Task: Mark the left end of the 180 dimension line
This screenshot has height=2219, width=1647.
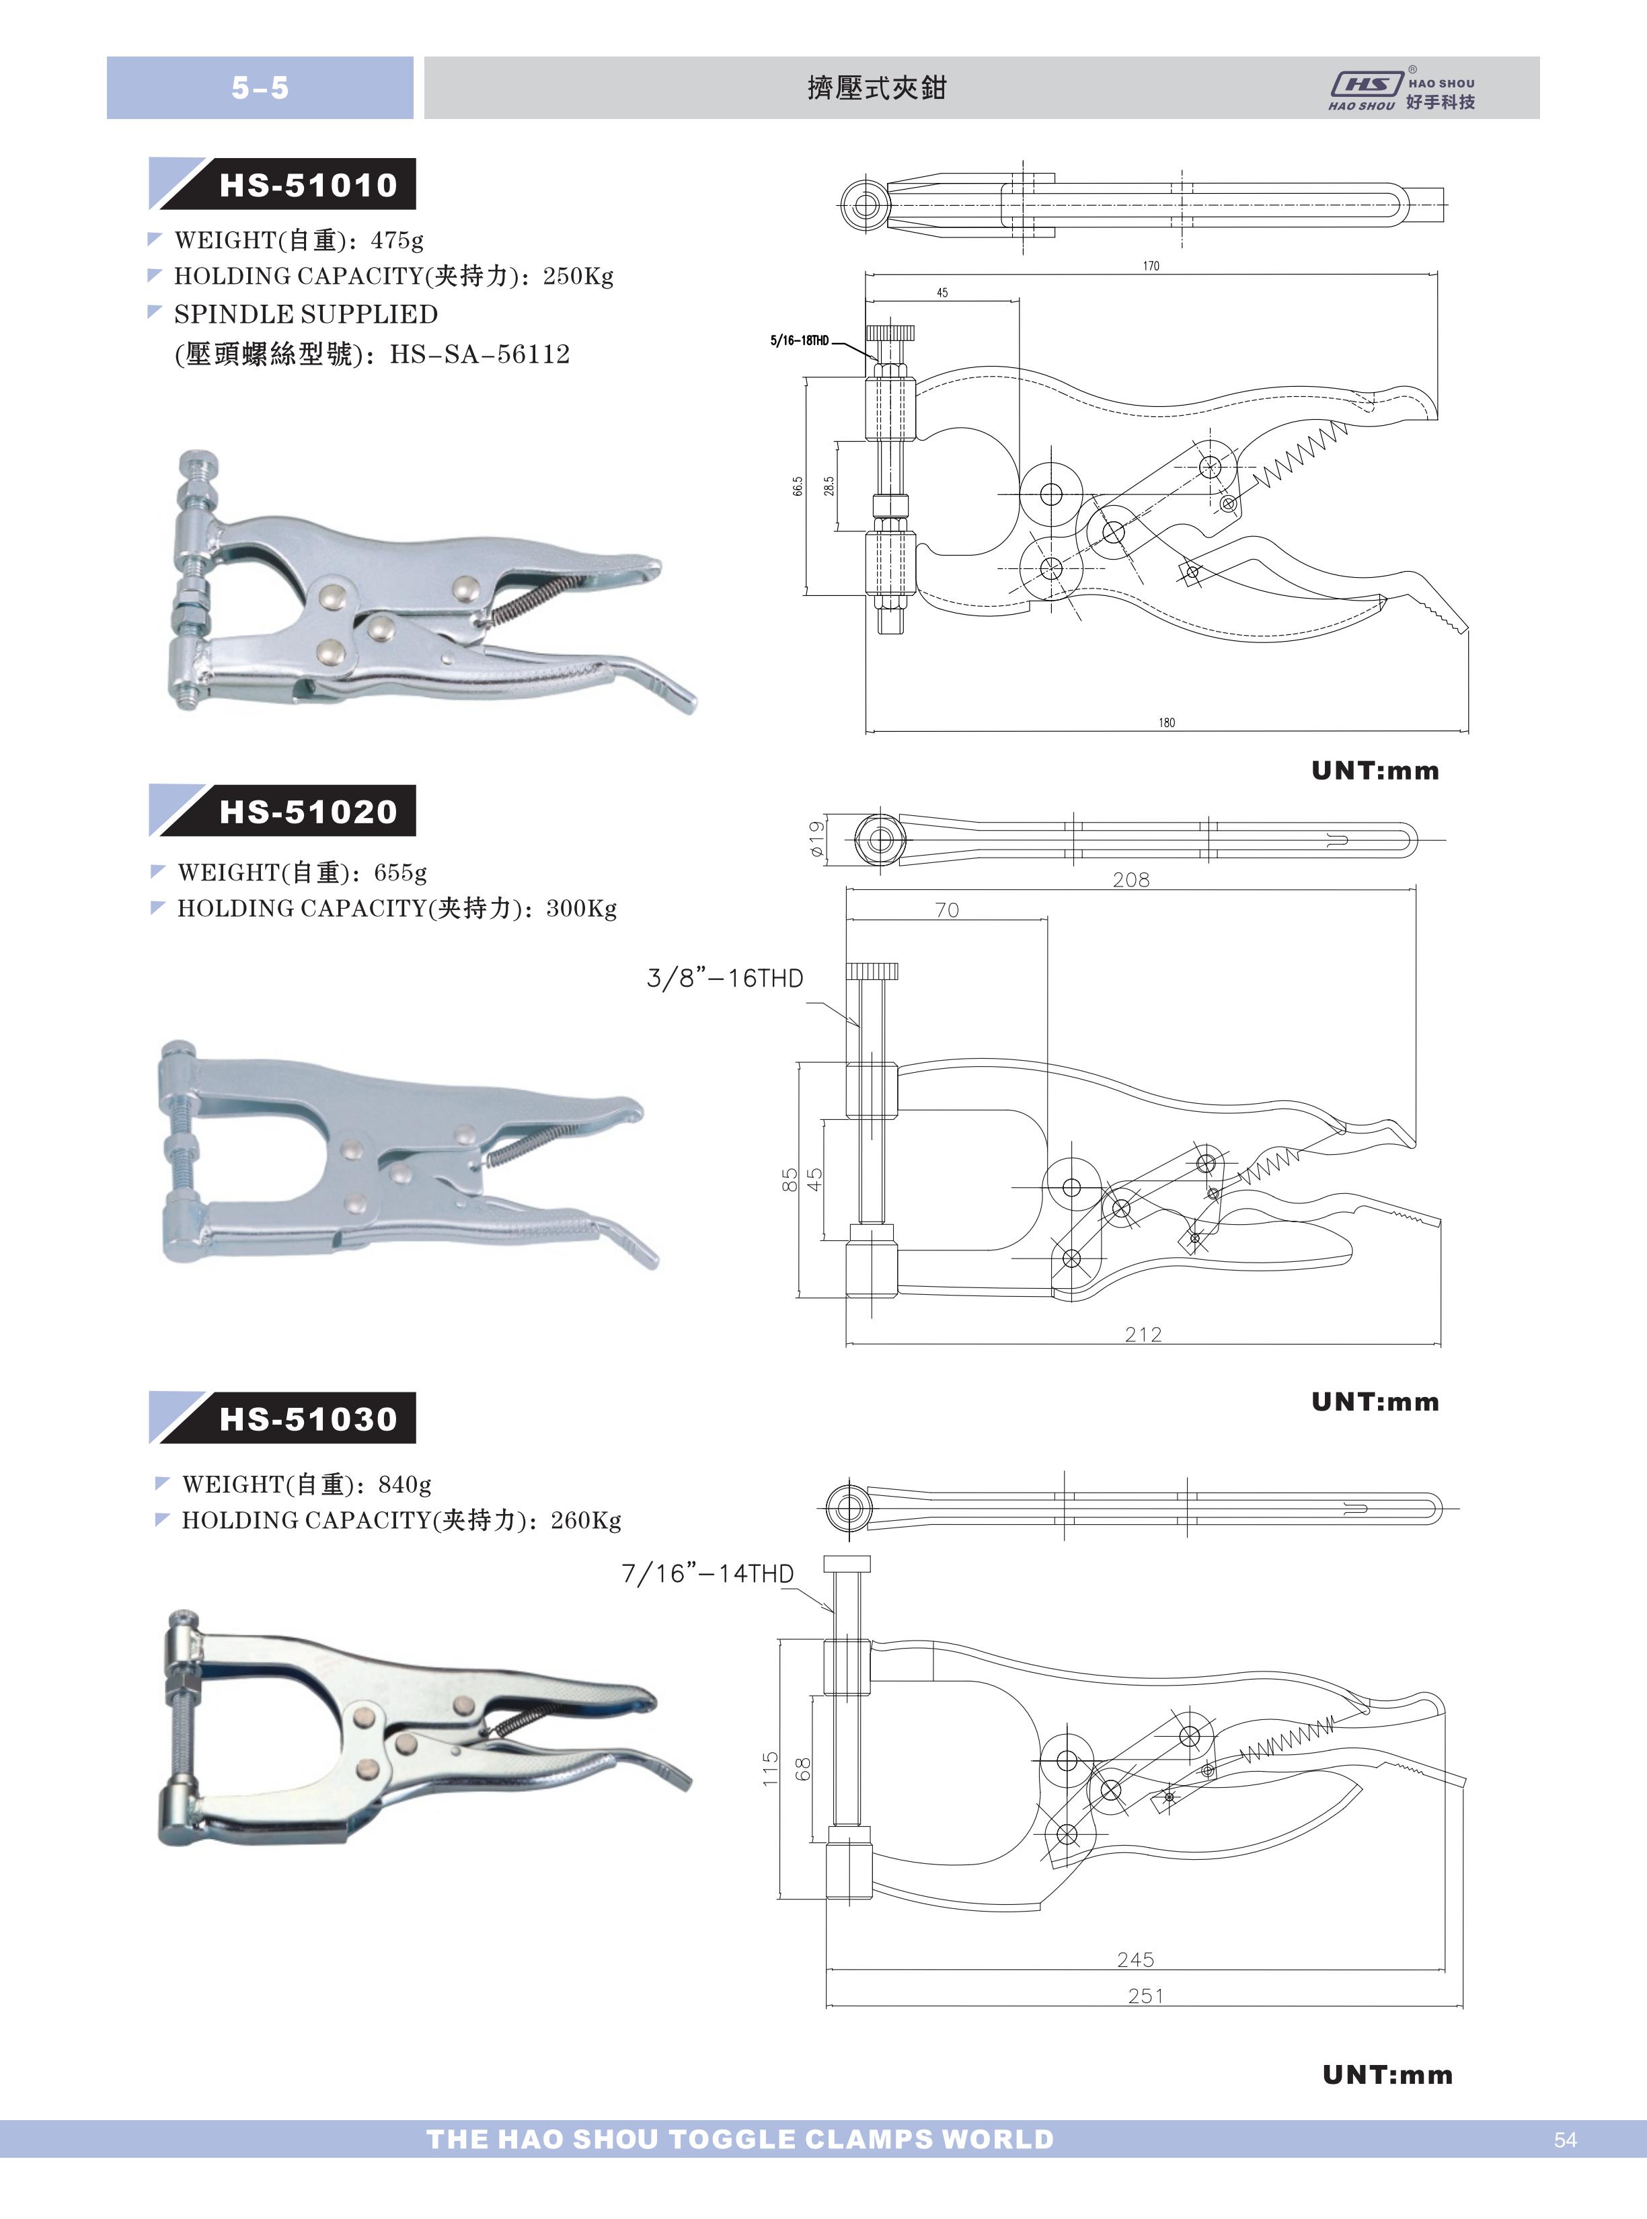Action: click(x=866, y=730)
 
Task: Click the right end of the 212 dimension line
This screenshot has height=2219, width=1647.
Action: click(x=1441, y=1344)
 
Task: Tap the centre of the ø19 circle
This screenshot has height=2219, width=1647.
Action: click(x=880, y=839)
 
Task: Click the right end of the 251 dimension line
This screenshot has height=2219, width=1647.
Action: click(x=1463, y=2006)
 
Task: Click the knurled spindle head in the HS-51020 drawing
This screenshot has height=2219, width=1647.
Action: click(x=872, y=971)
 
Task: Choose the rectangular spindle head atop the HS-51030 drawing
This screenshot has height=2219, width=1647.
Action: click(x=847, y=1564)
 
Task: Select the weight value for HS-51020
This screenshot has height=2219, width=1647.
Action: click(x=401, y=872)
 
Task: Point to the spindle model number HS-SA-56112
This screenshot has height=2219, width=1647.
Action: click(x=480, y=354)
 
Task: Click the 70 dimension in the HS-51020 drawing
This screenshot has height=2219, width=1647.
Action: click(x=947, y=909)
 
